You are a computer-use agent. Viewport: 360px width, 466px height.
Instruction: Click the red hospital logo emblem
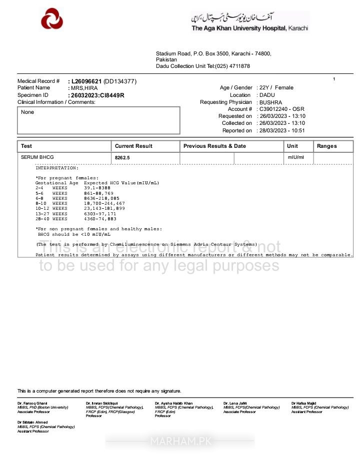point(52,19)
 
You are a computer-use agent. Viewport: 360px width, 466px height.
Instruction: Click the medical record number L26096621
point(87,81)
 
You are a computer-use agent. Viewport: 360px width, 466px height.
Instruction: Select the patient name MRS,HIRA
point(84,88)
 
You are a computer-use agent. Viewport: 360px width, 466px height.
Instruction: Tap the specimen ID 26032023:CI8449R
point(97,95)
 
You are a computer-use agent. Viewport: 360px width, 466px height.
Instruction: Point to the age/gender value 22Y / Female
point(276,88)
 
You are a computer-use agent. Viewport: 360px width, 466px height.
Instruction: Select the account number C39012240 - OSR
point(281,109)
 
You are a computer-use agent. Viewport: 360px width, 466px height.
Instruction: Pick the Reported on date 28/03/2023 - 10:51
point(282,131)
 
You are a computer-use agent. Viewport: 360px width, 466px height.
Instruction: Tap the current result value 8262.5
point(122,158)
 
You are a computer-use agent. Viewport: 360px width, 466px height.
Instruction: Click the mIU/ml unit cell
point(295,157)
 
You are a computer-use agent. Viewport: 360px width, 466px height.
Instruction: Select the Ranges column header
point(326,146)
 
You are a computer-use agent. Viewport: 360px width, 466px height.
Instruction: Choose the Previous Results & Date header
point(214,146)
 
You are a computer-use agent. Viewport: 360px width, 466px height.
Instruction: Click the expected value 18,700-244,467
point(104,204)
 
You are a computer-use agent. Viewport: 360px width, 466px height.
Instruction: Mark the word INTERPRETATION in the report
point(56,168)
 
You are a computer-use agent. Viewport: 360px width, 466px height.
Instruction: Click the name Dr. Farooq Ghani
point(32,403)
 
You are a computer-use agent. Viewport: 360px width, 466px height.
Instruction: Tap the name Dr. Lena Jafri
point(235,403)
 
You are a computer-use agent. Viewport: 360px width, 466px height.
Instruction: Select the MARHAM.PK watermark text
point(179,442)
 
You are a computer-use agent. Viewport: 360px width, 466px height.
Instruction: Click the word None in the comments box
point(27,112)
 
